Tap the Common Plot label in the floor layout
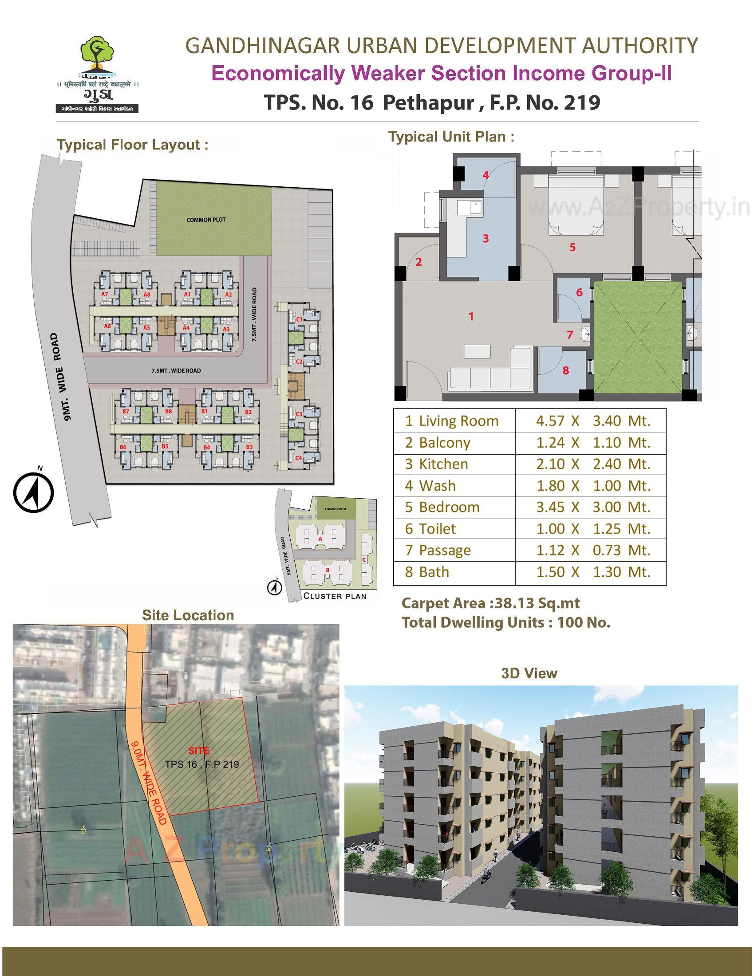(x=206, y=220)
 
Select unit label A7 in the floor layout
(x=105, y=294)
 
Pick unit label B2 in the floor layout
(x=249, y=412)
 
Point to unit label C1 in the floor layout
(x=300, y=319)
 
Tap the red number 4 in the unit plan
(x=486, y=175)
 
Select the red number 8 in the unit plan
(x=565, y=370)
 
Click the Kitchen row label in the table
(x=443, y=464)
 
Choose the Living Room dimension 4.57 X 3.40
(x=592, y=421)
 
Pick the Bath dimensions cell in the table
(x=592, y=572)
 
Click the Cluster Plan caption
(x=335, y=596)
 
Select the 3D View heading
(x=529, y=673)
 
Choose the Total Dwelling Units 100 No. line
(x=506, y=622)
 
